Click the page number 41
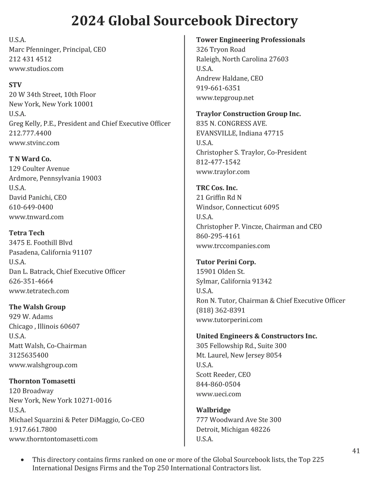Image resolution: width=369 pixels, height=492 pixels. (356, 451)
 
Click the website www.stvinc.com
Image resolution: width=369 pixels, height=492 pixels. (34, 143)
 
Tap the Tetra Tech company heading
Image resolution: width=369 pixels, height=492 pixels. (26, 233)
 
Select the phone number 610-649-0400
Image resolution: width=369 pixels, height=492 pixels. (31, 207)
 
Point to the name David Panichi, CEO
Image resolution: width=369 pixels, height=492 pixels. (38, 197)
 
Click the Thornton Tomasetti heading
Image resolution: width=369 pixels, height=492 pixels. (42, 381)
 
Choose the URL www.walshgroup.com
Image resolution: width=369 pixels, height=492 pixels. (43, 365)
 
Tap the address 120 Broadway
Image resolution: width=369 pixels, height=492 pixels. (31, 391)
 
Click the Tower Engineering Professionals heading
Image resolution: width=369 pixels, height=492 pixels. (250, 40)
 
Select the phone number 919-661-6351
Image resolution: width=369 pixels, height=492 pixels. (218, 88)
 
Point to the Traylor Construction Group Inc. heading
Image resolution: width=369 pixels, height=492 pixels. (248, 114)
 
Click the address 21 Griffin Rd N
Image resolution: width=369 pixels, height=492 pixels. (219, 197)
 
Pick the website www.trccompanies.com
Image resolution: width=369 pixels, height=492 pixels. (233, 246)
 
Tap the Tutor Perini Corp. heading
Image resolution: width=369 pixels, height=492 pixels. (226, 262)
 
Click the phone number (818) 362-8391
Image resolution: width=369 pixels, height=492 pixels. (220, 310)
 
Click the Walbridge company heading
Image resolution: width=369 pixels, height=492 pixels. (213, 410)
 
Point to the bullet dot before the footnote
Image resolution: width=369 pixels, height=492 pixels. (22, 460)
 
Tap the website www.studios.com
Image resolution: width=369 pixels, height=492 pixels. (36, 69)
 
